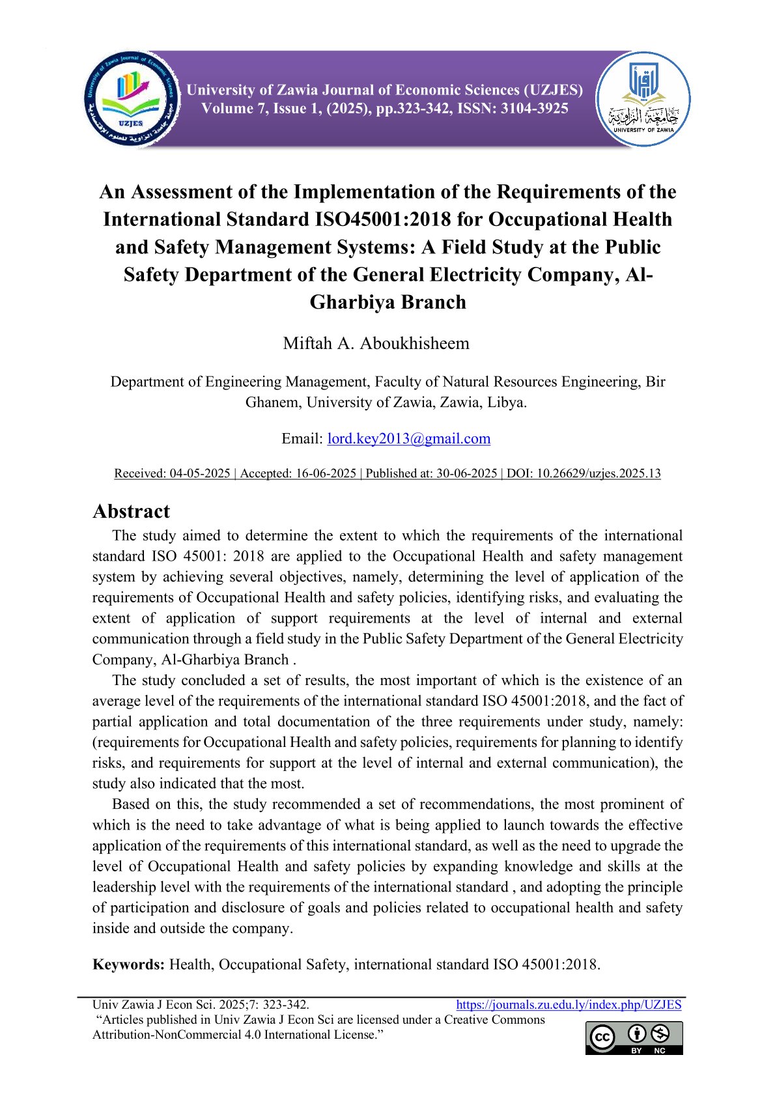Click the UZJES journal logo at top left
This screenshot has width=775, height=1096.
(x=132, y=100)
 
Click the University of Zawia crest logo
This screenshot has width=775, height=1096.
(x=643, y=100)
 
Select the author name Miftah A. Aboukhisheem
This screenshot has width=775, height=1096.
(x=376, y=343)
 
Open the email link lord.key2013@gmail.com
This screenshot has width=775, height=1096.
(x=408, y=438)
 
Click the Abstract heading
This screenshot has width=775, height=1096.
(x=131, y=511)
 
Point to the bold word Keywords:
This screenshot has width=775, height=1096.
(x=128, y=964)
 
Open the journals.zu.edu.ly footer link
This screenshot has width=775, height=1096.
(x=568, y=1005)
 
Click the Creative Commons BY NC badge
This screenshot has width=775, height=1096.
(x=634, y=1037)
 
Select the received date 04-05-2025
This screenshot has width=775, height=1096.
(x=200, y=473)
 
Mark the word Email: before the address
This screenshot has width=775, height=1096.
(x=302, y=438)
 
